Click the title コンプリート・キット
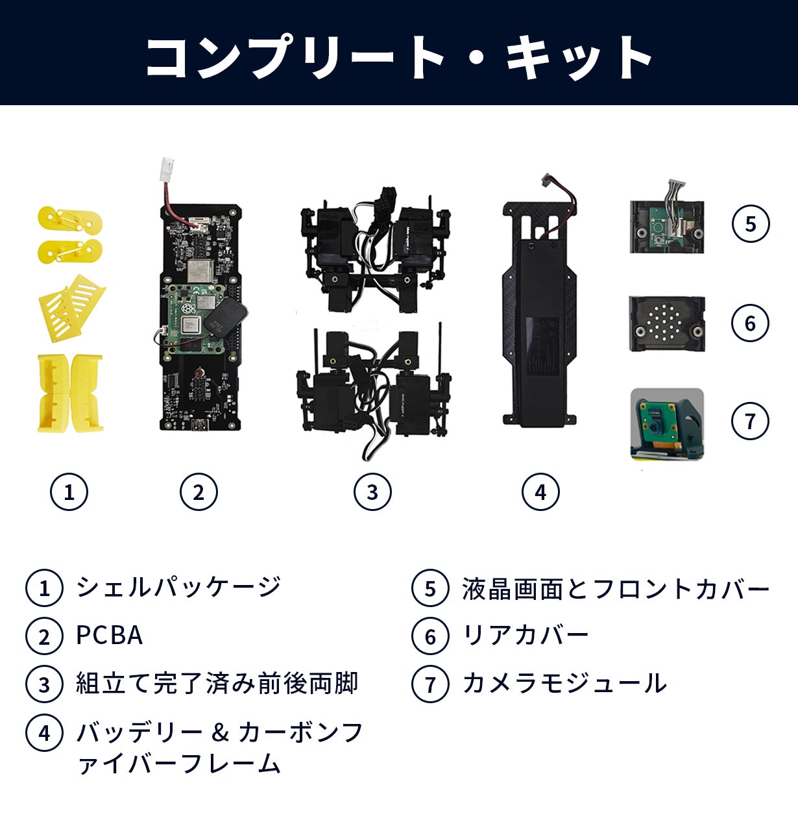pos(398,57)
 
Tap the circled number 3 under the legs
pos(372,492)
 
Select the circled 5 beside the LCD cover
pos(751,224)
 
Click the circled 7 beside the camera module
pos(750,421)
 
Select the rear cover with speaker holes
pos(667,324)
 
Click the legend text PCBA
pos(109,636)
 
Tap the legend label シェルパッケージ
pos(178,587)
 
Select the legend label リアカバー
pos(526,635)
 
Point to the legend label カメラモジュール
pos(564,684)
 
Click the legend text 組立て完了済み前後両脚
pos(217,684)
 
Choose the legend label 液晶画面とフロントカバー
pos(616,588)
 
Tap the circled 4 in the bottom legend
pos(44,732)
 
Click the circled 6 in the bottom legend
pos(430,636)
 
